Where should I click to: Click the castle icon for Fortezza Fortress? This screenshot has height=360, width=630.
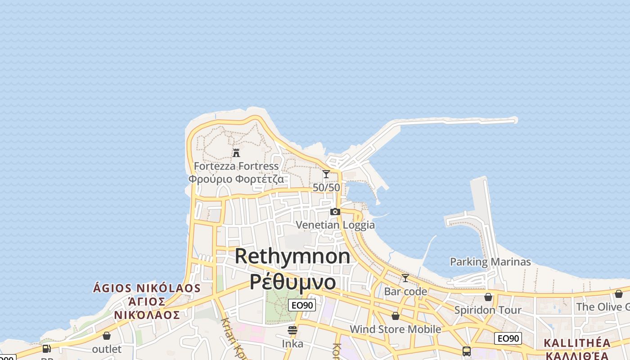[236, 153]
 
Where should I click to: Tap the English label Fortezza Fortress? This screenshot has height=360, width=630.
[236, 166]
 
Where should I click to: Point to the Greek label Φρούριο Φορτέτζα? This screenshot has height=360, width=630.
[236, 179]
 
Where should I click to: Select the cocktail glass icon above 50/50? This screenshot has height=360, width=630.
[326, 174]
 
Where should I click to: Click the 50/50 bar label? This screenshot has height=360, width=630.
[326, 187]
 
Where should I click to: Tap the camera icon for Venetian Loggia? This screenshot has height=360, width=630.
[335, 211]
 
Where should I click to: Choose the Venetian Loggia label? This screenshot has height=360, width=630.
[335, 225]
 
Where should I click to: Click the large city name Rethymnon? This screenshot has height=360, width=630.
[292, 256]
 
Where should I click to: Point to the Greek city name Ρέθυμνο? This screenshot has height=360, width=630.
[292, 282]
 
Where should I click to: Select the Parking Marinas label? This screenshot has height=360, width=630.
[490, 261]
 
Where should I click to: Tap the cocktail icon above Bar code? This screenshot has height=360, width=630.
[405, 278]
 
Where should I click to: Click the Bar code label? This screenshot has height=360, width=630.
[405, 291]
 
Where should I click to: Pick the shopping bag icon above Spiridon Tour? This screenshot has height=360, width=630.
[488, 297]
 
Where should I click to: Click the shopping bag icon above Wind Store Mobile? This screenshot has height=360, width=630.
[395, 316]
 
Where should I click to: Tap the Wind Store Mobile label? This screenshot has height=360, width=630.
[395, 329]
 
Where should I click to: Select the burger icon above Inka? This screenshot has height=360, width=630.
[292, 330]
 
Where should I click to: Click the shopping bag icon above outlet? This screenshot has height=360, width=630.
[107, 336]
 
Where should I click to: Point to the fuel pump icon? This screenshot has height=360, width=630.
[46, 348]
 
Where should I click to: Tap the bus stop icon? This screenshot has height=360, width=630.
[467, 351]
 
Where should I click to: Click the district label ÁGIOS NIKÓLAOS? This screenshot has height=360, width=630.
[147, 288]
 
